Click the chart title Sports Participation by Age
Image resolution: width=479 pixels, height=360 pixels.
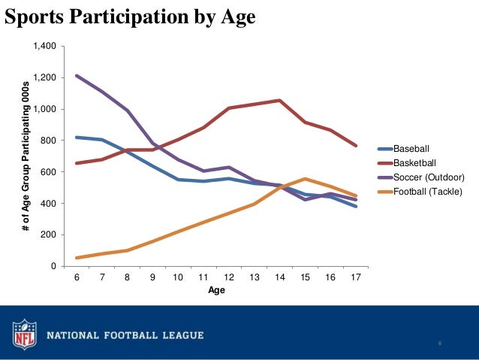click(x=130, y=16)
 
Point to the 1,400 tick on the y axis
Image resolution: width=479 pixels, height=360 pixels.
click(x=44, y=47)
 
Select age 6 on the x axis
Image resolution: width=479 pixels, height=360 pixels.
click(x=77, y=278)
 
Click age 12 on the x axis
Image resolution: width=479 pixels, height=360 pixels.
click(x=229, y=278)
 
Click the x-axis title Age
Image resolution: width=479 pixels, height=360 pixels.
click(x=216, y=292)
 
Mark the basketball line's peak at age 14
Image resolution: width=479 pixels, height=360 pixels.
click(x=279, y=100)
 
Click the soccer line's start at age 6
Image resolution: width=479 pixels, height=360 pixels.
click(x=77, y=75)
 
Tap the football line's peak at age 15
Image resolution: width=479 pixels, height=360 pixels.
click(x=305, y=179)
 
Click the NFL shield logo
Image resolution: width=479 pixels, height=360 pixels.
click(x=23, y=334)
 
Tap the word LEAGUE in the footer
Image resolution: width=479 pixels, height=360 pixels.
click(x=176, y=334)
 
